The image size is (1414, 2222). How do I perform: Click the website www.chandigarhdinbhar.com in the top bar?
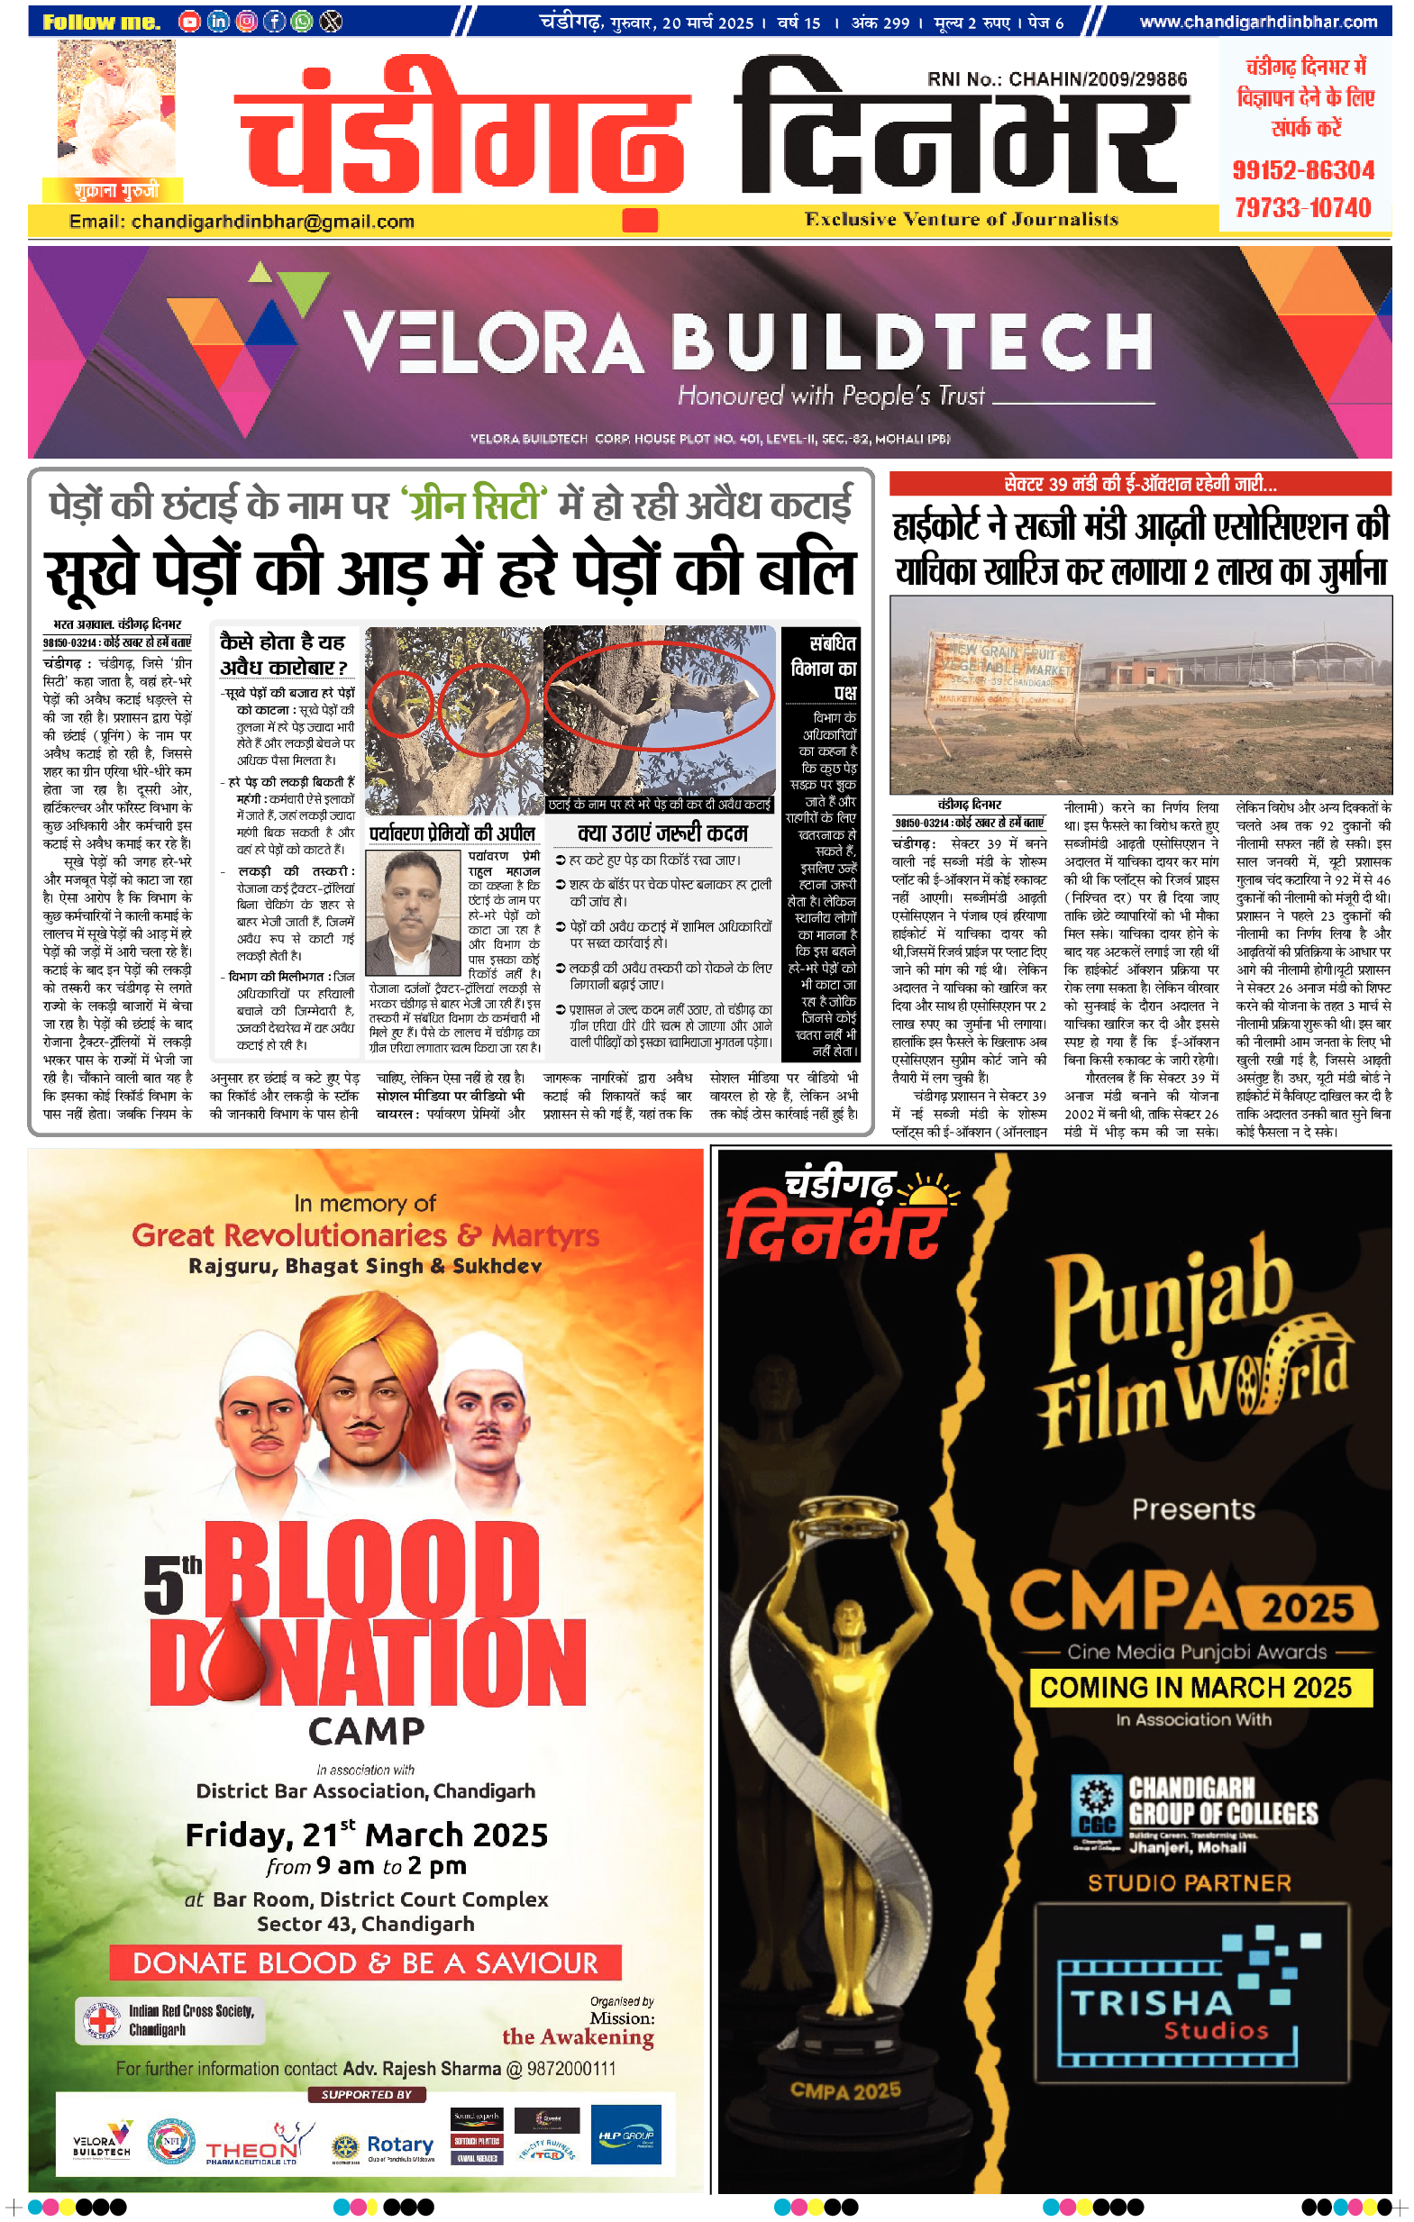[1258, 22]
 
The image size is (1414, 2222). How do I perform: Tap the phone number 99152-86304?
[1303, 170]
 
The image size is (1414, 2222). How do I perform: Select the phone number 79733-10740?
[1303, 207]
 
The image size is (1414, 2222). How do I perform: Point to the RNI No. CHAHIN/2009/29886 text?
[1057, 79]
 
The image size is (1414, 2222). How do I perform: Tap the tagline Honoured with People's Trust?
[831, 396]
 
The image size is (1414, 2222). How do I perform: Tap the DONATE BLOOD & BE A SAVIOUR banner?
[366, 1962]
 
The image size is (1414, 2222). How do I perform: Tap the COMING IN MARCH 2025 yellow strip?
[1196, 1688]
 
